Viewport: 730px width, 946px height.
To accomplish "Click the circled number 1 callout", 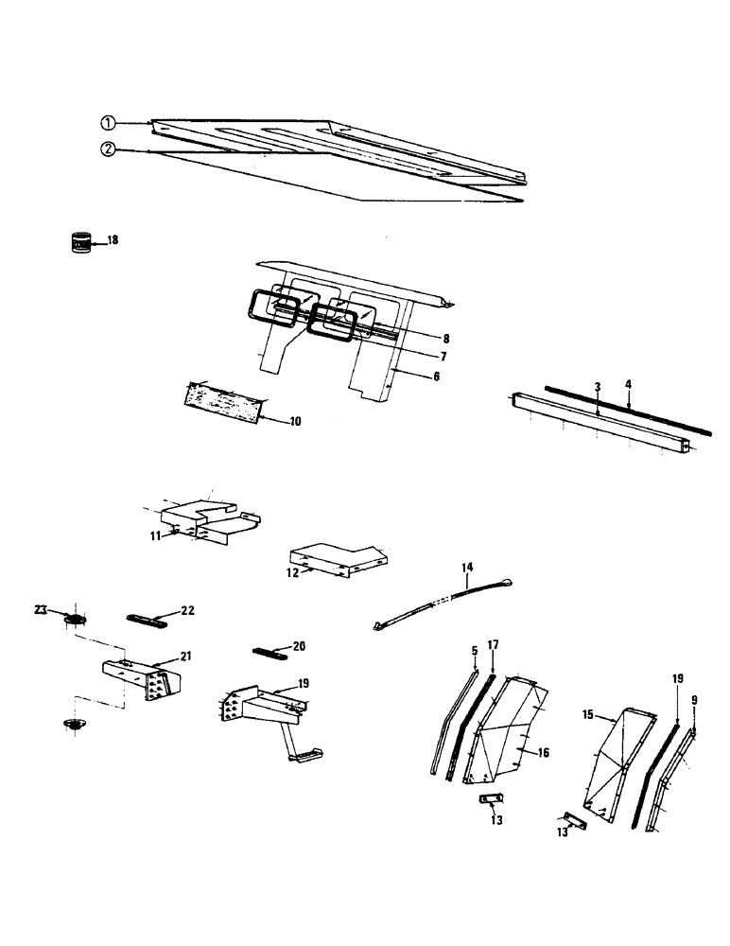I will click(109, 122).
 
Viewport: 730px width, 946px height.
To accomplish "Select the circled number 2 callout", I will click(109, 149).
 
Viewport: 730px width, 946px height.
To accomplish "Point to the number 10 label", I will click(295, 421).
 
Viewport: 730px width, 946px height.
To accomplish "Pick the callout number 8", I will click(444, 338).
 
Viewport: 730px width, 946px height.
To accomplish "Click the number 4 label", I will click(628, 383).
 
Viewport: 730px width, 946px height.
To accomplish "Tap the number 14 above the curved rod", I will click(466, 568).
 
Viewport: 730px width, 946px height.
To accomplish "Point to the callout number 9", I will click(695, 701).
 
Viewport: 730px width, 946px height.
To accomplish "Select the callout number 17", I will click(492, 644).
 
